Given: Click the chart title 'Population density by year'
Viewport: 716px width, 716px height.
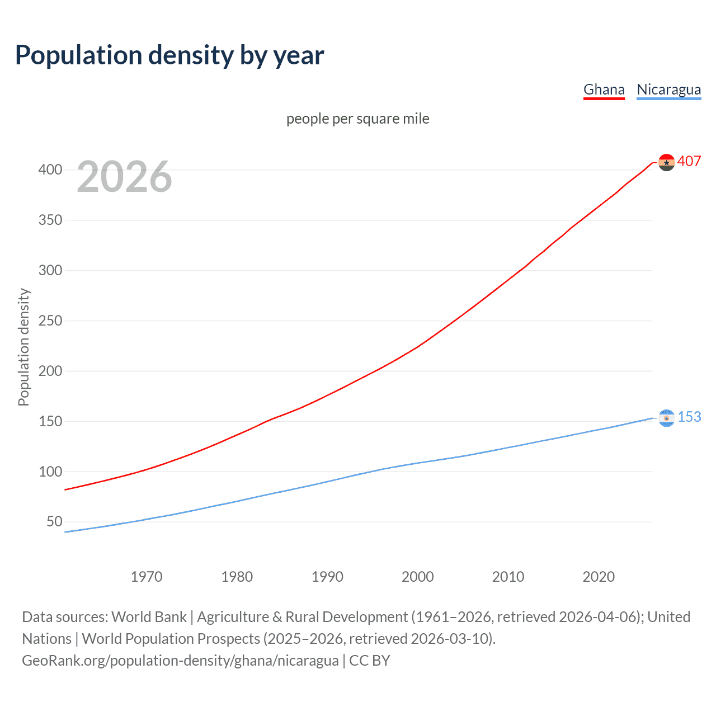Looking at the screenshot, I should click(169, 55).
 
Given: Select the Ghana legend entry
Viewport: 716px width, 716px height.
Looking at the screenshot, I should click(604, 89).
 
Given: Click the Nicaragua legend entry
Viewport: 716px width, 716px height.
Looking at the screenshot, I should click(668, 89).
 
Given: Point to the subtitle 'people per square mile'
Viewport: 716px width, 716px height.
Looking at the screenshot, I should click(358, 119).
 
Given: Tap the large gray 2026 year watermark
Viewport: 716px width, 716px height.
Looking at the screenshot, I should click(124, 177).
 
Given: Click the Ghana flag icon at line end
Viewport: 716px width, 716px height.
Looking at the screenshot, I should click(666, 162).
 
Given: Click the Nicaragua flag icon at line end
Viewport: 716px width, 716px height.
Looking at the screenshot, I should click(666, 418).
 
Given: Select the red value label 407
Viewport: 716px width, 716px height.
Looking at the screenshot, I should click(689, 161).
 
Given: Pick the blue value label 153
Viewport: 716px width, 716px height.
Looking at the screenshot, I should click(689, 417).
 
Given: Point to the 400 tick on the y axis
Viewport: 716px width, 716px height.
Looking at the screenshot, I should click(50, 169).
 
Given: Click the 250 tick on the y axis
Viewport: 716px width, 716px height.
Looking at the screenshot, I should click(50, 321).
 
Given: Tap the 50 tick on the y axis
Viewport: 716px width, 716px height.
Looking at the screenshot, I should click(54, 522).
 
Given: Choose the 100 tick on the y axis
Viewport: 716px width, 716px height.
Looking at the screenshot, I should click(50, 472).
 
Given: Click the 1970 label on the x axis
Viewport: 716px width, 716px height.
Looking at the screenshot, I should click(147, 577).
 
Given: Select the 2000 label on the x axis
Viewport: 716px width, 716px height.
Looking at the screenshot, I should click(418, 577).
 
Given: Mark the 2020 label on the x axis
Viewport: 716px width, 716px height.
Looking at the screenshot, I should click(599, 577).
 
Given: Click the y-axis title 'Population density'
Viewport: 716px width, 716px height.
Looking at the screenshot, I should click(23, 347).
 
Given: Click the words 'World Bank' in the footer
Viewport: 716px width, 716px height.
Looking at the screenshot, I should click(149, 617).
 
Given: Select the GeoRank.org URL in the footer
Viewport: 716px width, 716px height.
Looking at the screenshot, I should click(180, 661).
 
